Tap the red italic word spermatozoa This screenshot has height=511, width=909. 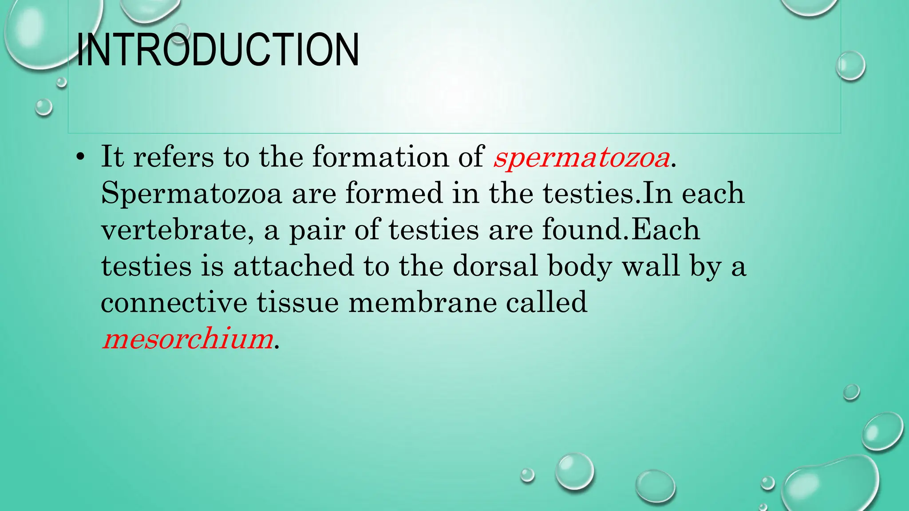click(581, 157)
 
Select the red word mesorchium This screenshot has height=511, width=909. click(187, 339)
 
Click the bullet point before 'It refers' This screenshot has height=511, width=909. click(80, 157)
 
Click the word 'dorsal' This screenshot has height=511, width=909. click(495, 266)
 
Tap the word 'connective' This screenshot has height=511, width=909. click(174, 303)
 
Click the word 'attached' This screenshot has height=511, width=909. click(293, 266)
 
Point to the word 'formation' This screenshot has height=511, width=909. click(380, 157)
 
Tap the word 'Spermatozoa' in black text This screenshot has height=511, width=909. click(191, 194)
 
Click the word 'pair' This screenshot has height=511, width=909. click(317, 230)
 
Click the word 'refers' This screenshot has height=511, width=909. click(173, 157)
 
